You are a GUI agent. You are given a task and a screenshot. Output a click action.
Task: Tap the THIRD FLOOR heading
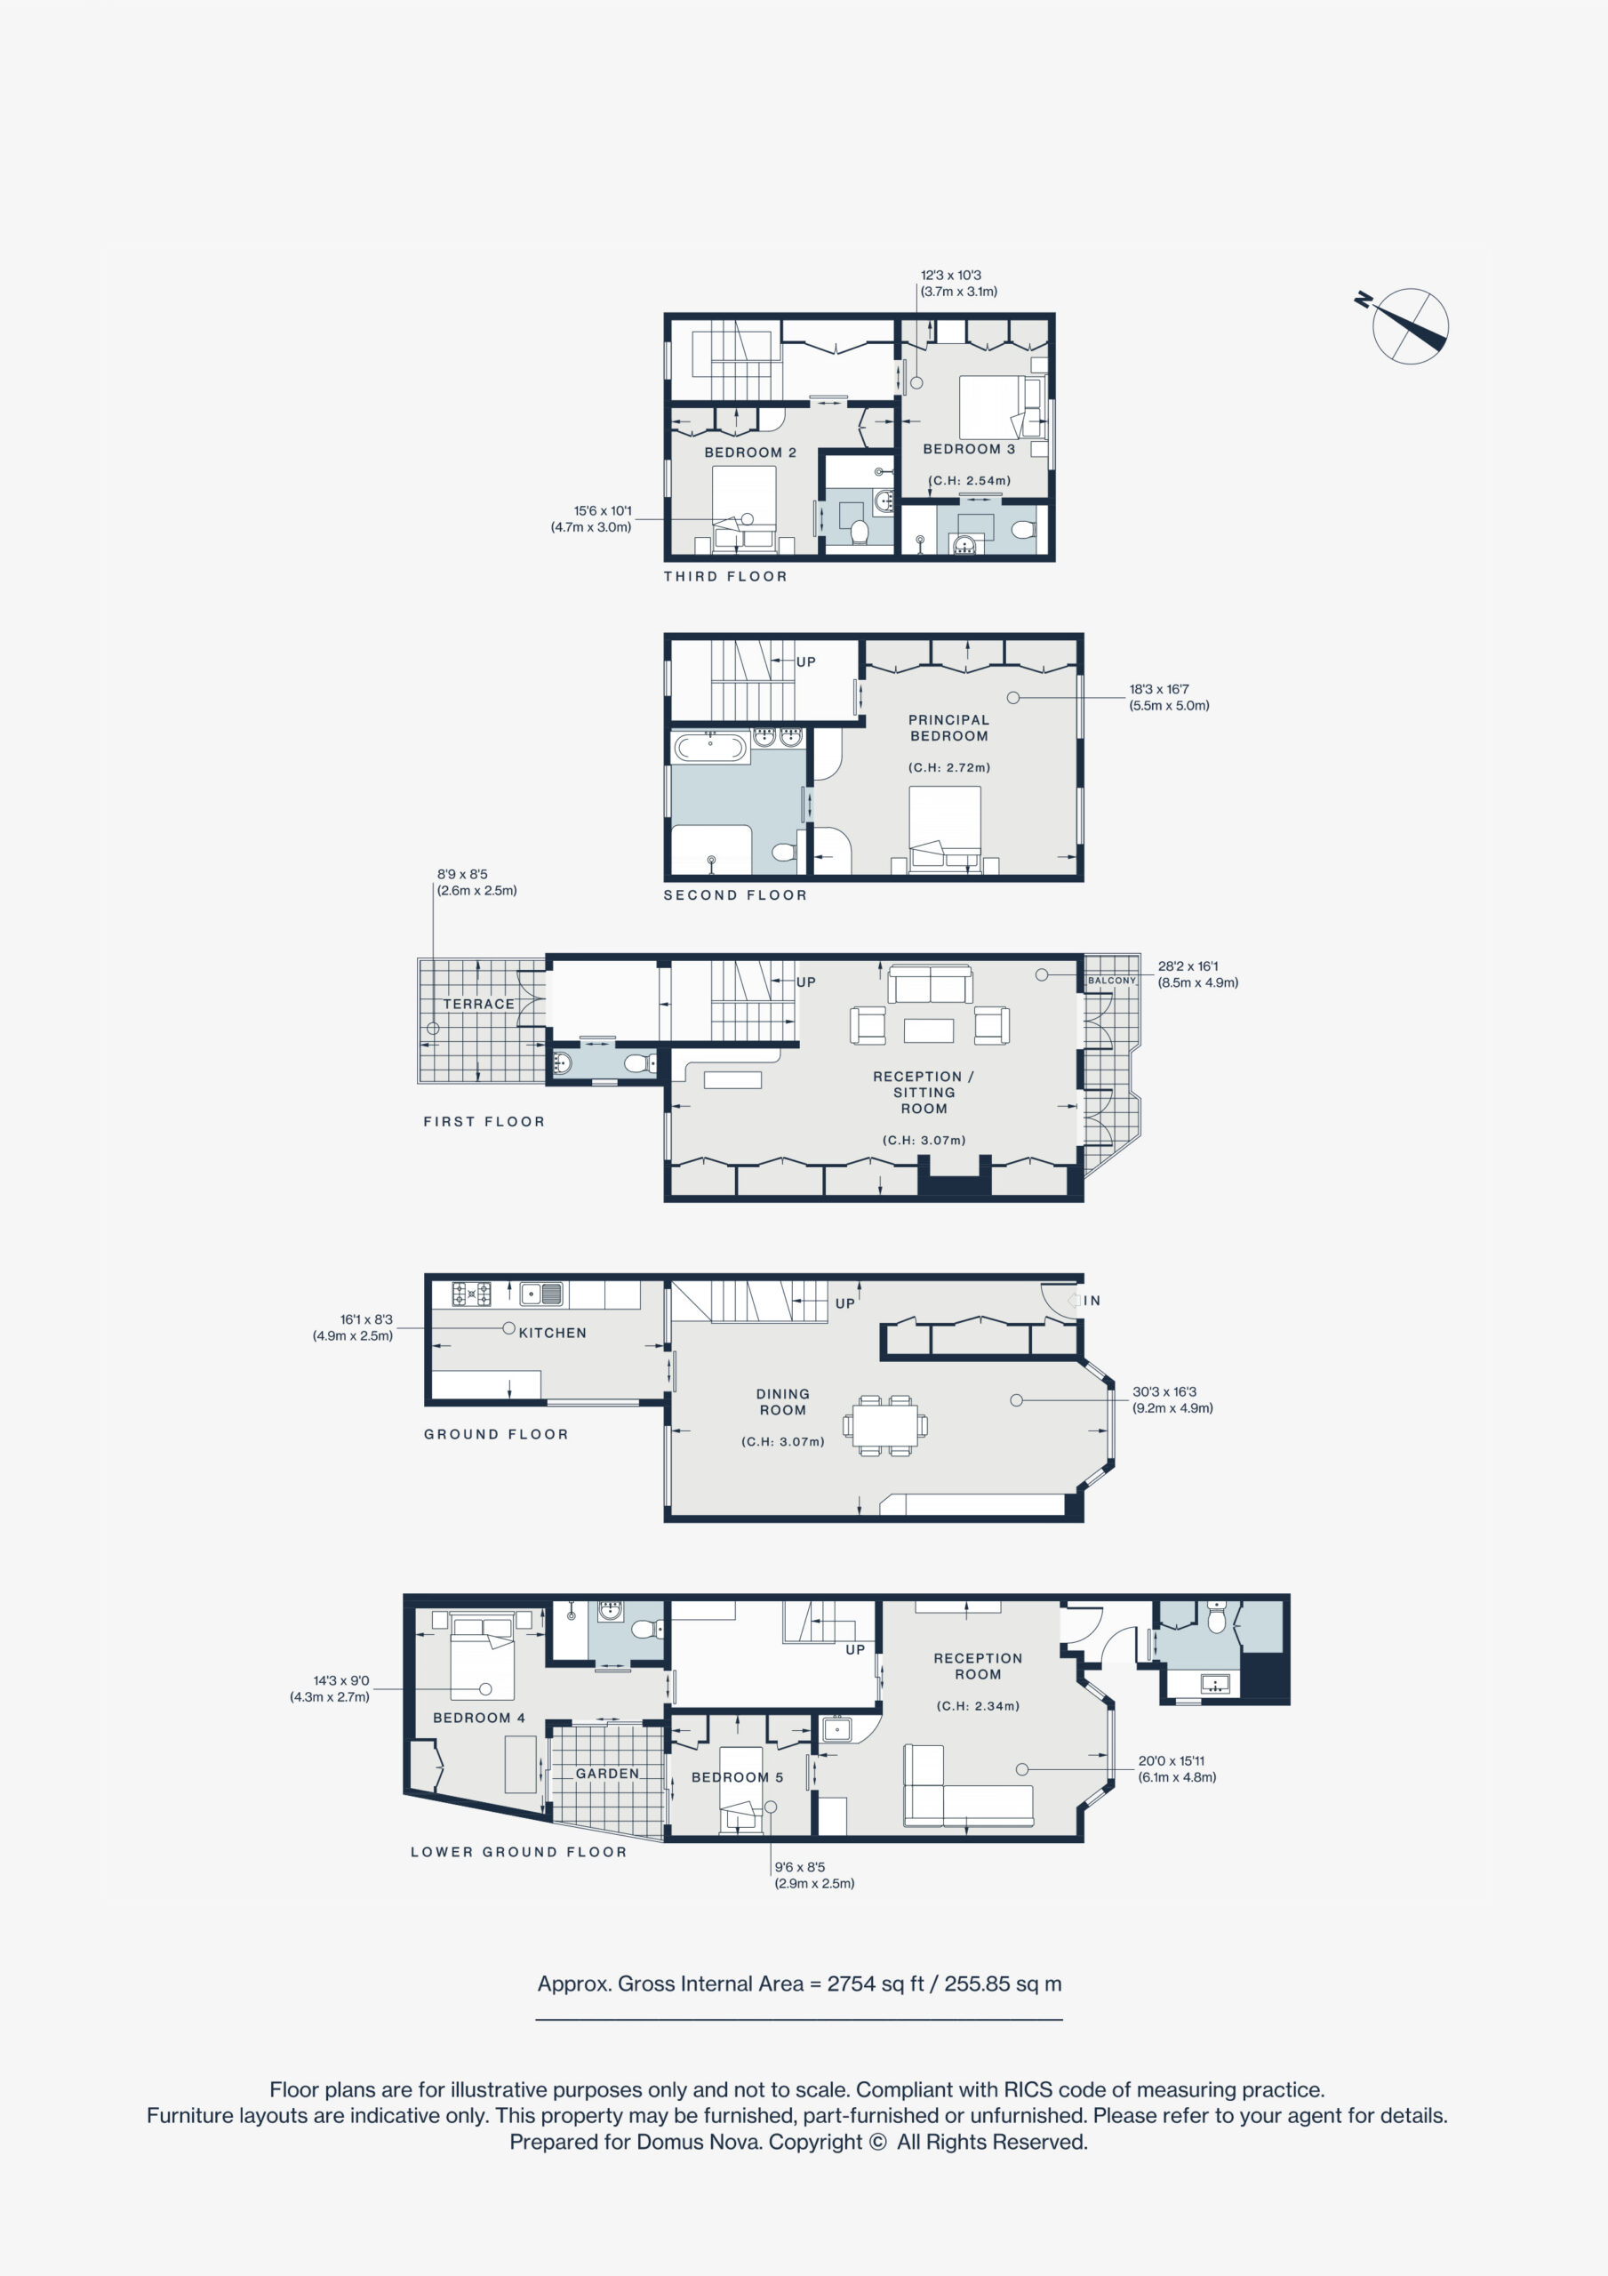[x=725, y=576]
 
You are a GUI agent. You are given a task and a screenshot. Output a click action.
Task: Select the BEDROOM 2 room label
[x=750, y=452]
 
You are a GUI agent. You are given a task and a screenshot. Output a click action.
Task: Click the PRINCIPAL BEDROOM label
[x=948, y=727]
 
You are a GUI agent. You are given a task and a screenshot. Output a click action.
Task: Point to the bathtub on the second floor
[x=710, y=747]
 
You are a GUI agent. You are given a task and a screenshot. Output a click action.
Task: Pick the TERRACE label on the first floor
[x=479, y=1004]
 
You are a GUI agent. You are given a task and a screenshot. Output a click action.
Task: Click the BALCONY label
[x=1111, y=981]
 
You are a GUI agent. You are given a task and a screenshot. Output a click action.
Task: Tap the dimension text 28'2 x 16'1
[x=1188, y=966]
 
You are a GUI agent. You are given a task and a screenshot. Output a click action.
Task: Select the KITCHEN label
[x=552, y=1333]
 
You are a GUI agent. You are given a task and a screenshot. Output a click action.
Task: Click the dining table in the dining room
[x=885, y=1425]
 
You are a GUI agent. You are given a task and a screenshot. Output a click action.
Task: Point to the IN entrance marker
[x=1092, y=1301]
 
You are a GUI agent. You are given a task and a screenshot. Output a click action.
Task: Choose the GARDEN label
[x=608, y=1774]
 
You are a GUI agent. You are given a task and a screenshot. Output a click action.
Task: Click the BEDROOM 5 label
[x=738, y=1777]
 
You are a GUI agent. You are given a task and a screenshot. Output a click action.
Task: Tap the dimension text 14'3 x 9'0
[x=341, y=1680]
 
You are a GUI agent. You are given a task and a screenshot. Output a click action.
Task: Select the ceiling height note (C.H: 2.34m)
[x=978, y=1706]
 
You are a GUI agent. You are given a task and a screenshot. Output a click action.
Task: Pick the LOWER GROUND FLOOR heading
[x=518, y=1852]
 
